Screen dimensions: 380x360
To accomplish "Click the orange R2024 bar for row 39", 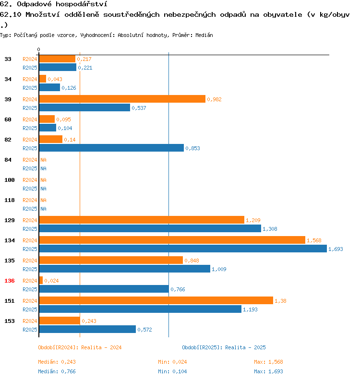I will (x=122, y=99).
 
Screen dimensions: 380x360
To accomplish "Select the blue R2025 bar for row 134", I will (x=182, y=249).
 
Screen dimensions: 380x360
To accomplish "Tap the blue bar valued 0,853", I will (x=111, y=148).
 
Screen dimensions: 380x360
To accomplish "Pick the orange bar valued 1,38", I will (x=156, y=300).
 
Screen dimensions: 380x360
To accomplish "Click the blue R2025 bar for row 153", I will (x=87, y=329).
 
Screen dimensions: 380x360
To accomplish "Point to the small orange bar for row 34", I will (x=42, y=79).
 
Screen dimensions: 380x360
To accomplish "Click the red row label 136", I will (x=9, y=281).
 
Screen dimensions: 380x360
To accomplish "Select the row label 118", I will (x=9, y=200).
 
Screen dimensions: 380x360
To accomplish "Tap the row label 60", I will (x=8, y=119).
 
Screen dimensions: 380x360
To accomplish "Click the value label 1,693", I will (x=336, y=249).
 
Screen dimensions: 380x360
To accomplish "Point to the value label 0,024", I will (x=51, y=281).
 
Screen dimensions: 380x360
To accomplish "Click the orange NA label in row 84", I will (x=43, y=160).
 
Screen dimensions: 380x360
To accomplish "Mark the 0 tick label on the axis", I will (x=38, y=50).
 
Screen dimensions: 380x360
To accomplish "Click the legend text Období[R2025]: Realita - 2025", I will (x=224, y=347).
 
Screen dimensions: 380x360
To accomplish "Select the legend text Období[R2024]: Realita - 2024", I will (x=80, y=347).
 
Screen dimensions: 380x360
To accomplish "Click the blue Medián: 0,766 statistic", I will (x=57, y=371).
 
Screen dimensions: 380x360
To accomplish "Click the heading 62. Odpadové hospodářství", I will (x=53, y=4).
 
